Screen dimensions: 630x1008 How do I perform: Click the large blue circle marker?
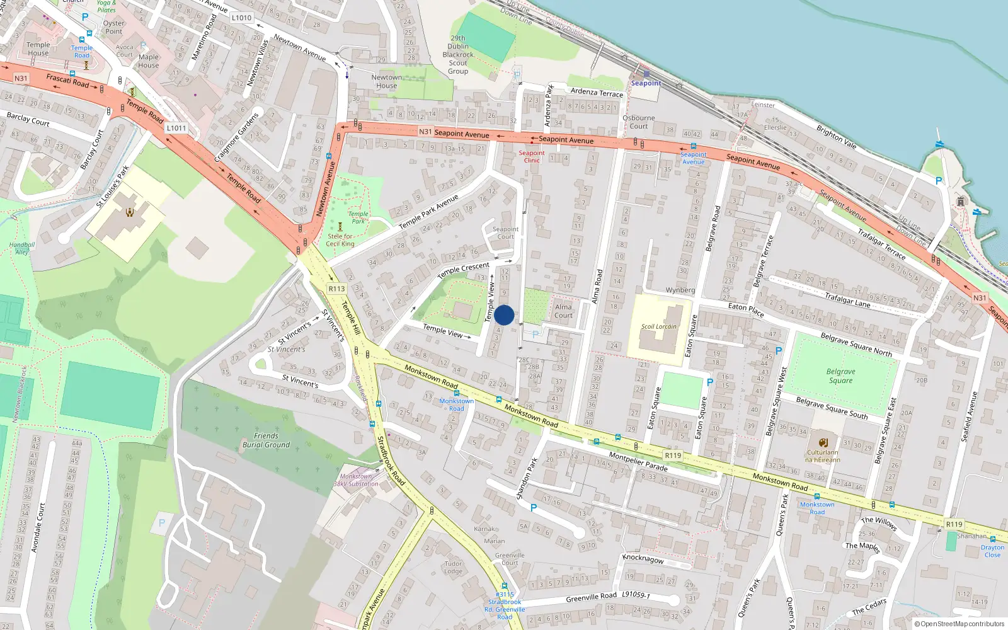[504, 315]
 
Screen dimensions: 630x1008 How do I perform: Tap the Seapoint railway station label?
[646, 83]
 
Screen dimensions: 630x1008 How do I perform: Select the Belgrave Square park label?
[840, 376]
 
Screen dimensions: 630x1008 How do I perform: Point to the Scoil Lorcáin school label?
[658, 326]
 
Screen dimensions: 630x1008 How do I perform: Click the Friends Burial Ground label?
[266, 440]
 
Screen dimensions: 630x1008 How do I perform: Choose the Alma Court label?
[563, 311]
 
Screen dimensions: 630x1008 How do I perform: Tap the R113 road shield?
[336, 289]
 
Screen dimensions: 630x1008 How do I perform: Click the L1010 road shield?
[241, 18]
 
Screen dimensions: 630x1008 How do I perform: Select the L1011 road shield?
[176, 128]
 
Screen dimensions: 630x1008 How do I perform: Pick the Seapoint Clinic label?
[532, 156]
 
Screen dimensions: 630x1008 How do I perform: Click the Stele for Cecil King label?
[340, 240]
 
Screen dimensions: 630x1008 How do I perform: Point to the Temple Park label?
[358, 217]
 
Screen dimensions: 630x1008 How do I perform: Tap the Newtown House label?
[386, 81]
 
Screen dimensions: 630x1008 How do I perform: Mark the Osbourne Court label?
[638, 122]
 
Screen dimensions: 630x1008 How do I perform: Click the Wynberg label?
[680, 290]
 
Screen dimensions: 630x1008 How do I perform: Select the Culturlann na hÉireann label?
[822, 455]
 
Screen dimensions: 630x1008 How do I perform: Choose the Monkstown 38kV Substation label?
[356, 480]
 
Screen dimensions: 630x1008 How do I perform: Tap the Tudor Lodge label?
[453, 568]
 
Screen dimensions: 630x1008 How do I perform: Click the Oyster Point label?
[114, 27]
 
